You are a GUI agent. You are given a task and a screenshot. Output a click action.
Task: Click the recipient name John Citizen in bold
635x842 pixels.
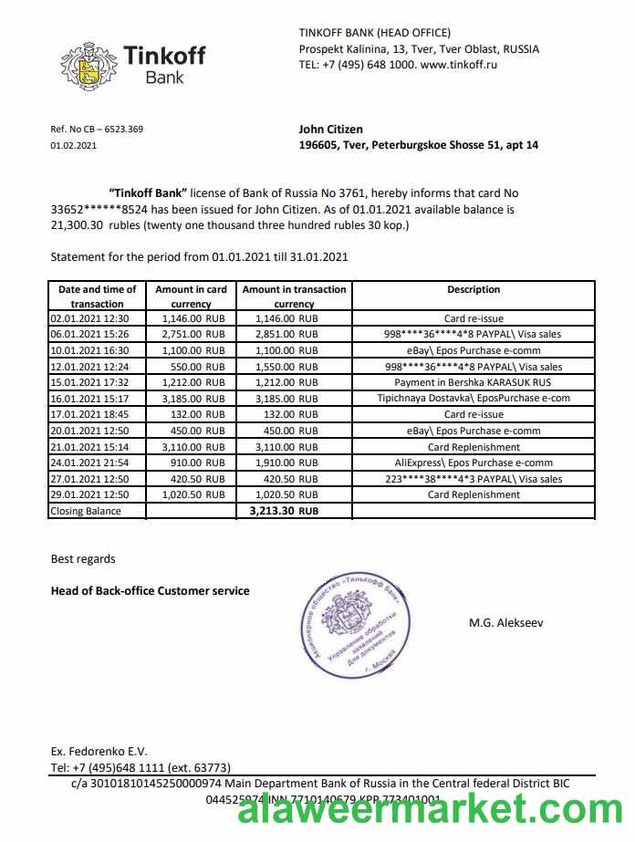330,130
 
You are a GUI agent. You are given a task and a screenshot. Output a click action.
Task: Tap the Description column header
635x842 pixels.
473,290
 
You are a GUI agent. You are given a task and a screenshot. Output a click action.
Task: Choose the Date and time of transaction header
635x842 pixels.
97,296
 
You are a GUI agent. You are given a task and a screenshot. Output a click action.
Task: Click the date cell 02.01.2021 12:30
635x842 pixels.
90,319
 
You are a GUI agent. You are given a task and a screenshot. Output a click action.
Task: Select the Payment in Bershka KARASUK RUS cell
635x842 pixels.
473,383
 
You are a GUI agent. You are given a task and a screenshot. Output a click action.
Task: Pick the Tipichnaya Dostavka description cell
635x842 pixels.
473,399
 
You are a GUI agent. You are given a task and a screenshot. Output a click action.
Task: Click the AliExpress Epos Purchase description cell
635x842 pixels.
473,463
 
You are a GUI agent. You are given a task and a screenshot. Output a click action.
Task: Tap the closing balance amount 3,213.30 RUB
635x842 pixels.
284,512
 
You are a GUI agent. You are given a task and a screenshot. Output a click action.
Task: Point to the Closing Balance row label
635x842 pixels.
86,512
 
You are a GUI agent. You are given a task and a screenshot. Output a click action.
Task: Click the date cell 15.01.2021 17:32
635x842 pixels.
90,383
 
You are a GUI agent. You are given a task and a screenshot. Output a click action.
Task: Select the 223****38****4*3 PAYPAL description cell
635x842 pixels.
473,479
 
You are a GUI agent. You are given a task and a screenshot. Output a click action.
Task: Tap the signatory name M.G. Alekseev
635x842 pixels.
505,623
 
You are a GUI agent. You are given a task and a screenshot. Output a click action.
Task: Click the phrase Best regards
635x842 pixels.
83,558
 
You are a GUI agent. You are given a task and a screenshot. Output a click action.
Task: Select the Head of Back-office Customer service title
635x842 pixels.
150,591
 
